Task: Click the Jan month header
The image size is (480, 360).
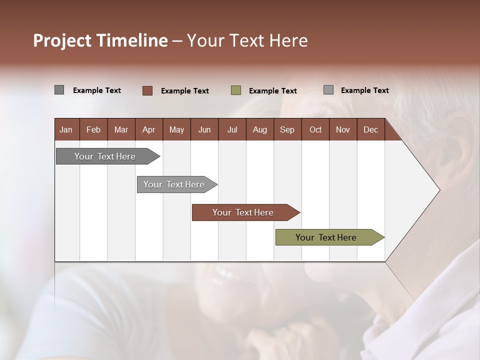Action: [66, 130]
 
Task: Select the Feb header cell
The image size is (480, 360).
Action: [93, 130]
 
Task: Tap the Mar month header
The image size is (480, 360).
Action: [121, 130]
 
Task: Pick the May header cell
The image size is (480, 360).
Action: [176, 130]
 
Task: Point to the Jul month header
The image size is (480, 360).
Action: [232, 130]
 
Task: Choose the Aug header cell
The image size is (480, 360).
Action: [259, 130]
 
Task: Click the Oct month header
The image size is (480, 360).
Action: [315, 130]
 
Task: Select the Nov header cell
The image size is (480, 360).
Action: [343, 130]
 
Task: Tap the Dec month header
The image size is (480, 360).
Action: [370, 130]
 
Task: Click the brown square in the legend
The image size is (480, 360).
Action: [147, 90]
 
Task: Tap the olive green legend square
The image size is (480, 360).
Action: [236, 90]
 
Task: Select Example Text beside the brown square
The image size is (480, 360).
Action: [185, 91]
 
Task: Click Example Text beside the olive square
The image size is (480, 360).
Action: [273, 91]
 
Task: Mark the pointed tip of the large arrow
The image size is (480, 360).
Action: [439, 190]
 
